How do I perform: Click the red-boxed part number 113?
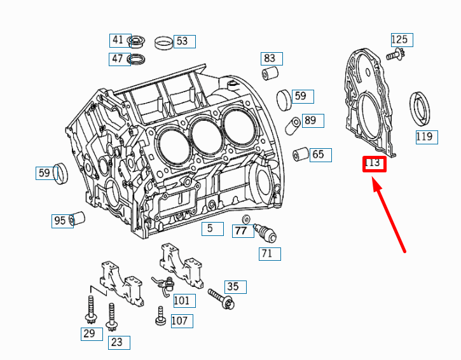(x=374, y=163)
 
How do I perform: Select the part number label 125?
(x=399, y=40)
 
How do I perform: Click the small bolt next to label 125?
(x=397, y=56)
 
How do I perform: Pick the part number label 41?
(x=118, y=40)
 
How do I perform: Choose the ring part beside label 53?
(x=163, y=43)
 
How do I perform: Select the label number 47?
(x=118, y=59)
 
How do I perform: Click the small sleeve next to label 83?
(x=269, y=75)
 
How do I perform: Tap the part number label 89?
(x=310, y=120)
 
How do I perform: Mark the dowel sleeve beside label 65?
(x=299, y=155)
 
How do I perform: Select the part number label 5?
(x=210, y=228)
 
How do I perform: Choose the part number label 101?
(x=181, y=300)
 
